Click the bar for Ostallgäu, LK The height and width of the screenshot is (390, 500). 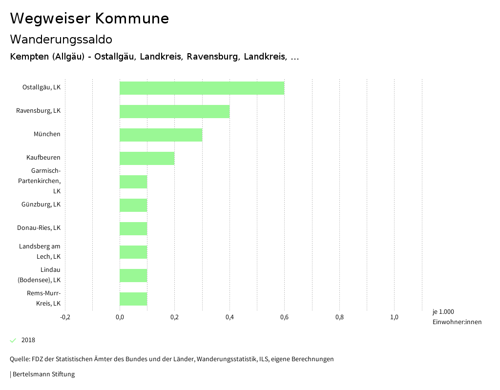point(202,88)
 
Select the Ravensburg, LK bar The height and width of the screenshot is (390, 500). point(174,111)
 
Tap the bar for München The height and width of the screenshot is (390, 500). point(161,135)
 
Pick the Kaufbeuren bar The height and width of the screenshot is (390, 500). point(147,158)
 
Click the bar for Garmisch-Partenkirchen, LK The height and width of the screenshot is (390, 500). point(133,182)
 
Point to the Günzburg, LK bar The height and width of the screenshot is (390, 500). point(133,205)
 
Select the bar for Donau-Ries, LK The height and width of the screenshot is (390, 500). point(133,228)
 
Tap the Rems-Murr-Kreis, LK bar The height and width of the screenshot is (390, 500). point(133,299)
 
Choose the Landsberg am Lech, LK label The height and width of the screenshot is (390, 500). point(40,251)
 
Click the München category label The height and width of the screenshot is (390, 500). point(47,134)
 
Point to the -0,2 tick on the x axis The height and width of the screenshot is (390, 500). point(65,317)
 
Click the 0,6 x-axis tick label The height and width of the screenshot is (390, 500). point(284,317)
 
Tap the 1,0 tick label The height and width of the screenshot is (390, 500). point(394,317)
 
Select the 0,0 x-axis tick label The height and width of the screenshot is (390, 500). point(120,317)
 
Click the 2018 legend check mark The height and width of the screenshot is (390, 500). point(13,340)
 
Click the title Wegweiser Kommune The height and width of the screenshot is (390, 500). point(89,19)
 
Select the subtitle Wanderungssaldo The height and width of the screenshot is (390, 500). point(61,39)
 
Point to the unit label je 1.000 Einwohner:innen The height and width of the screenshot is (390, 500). point(457,317)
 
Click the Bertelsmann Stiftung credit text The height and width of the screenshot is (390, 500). point(42,374)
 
